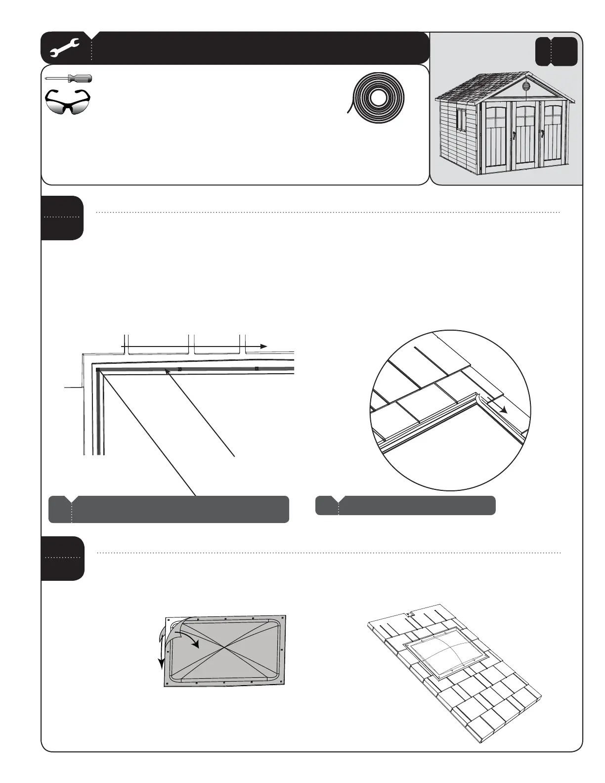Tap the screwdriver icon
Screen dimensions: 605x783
68,79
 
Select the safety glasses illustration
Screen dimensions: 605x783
68,102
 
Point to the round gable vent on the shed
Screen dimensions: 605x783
525,87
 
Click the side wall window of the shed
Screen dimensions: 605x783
462,119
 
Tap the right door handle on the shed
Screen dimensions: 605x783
542,134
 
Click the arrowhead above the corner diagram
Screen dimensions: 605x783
264,347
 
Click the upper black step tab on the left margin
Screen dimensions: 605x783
62,217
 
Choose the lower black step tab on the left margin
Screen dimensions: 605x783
62,558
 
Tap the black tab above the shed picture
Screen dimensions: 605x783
556,51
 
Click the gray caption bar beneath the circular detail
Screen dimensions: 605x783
405,506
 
